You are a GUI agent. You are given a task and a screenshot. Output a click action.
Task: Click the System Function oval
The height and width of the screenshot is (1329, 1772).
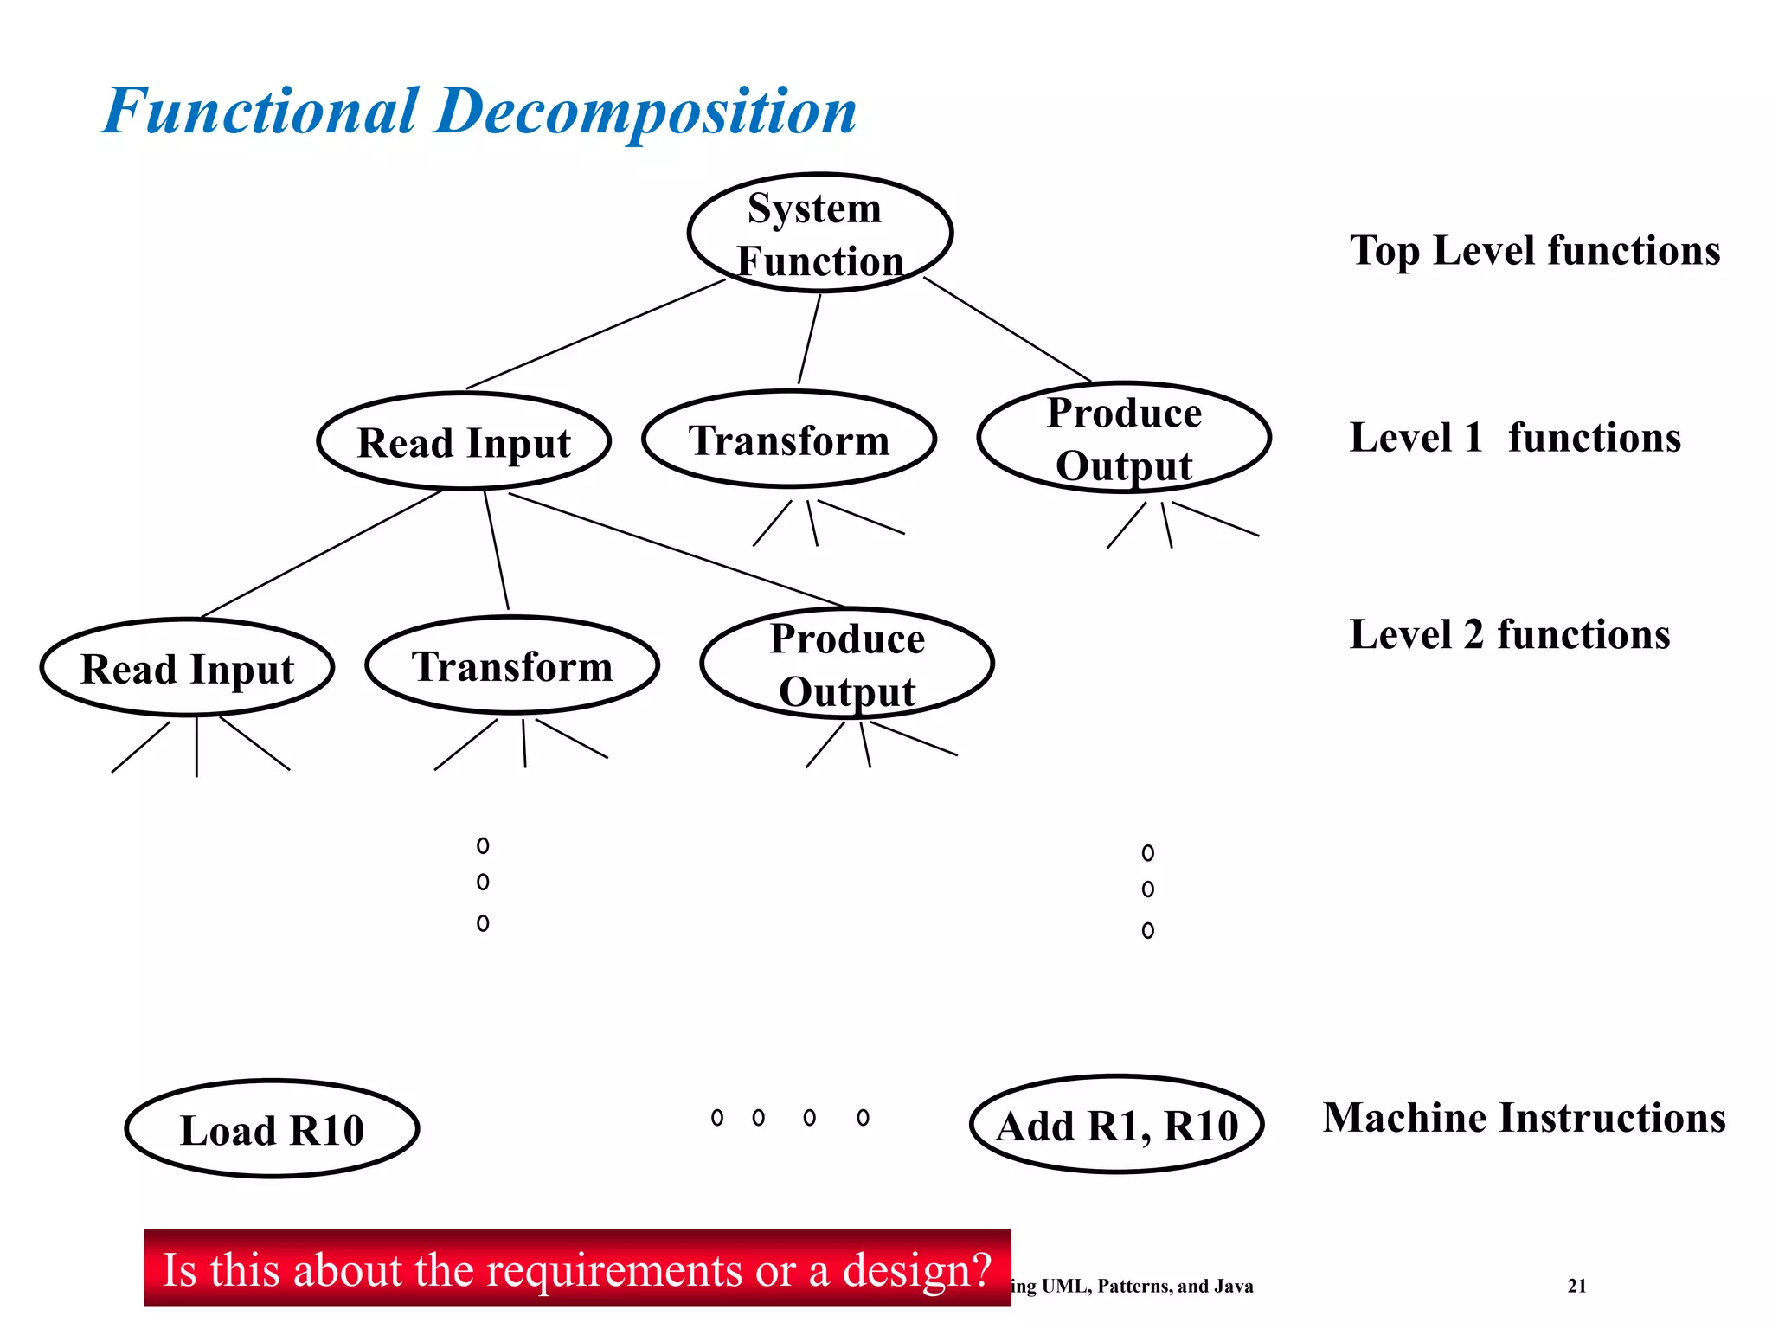pyautogui.click(x=819, y=234)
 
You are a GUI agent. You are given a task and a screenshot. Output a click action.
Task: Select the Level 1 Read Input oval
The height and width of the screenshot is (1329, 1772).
pyautogui.click(x=464, y=442)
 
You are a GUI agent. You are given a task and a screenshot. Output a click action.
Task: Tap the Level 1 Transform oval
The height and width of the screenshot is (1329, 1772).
pyautogui.click(x=788, y=440)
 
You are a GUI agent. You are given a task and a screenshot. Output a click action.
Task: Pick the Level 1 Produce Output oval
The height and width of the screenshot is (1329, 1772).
pyautogui.click(x=1123, y=438)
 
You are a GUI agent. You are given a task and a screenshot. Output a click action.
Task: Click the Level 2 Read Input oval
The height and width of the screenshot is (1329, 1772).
pyautogui.click(x=187, y=668)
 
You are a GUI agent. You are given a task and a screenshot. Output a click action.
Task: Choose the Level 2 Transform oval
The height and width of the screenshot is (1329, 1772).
pyautogui.click(x=512, y=665)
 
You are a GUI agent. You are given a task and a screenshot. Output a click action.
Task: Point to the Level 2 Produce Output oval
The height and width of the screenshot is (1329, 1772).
pyautogui.click(x=846, y=664)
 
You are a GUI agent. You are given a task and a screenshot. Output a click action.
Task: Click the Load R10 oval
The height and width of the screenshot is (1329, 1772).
pyautogui.click(x=272, y=1129)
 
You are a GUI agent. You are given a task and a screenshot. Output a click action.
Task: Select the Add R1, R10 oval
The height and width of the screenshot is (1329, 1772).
pyautogui.click(x=1116, y=1125)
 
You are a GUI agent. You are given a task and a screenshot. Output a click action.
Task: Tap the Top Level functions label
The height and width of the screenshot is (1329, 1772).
pyautogui.click(x=1534, y=251)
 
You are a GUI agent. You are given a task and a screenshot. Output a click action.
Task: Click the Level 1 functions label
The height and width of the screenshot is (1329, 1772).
pyautogui.click(x=1514, y=438)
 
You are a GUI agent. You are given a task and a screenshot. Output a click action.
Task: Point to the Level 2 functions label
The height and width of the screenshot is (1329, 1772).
pyautogui.click(x=1509, y=634)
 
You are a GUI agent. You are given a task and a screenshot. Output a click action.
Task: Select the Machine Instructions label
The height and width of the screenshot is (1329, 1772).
pyautogui.click(x=1524, y=1117)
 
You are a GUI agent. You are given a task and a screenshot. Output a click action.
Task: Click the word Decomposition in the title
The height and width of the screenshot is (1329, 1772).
pyautogui.click(x=645, y=112)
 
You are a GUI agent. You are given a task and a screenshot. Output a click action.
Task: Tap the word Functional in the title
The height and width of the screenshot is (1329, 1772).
pyautogui.click(x=260, y=112)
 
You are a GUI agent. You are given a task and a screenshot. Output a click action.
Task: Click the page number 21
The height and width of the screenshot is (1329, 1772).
pyautogui.click(x=1576, y=1286)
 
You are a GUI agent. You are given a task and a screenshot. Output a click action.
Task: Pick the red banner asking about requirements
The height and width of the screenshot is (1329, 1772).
pyautogui.click(x=577, y=1268)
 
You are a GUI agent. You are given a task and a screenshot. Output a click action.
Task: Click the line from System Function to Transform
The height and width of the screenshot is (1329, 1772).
pyautogui.click(x=809, y=339)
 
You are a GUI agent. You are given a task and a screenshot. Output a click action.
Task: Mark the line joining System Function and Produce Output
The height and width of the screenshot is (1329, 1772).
pyautogui.click(x=1006, y=330)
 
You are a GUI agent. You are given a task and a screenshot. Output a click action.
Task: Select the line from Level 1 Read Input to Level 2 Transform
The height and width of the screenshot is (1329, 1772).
pyautogui.click(x=496, y=550)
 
